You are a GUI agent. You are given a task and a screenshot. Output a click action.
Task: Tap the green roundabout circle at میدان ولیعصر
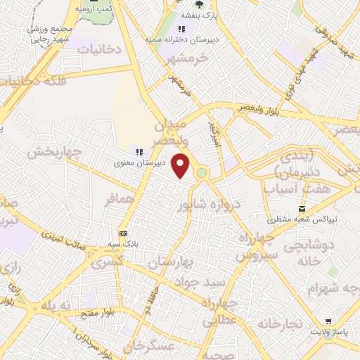tap(202, 173)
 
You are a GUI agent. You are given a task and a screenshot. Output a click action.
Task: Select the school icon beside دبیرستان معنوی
tap(139, 151)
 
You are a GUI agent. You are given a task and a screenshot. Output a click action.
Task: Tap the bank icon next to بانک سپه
tap(123, 233)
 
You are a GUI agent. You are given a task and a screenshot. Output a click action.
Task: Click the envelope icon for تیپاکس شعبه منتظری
tap(302, 208)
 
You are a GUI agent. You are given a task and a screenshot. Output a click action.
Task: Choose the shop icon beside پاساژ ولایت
tap(328, 320)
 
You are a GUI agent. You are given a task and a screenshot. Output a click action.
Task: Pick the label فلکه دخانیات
tap(33, 81)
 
